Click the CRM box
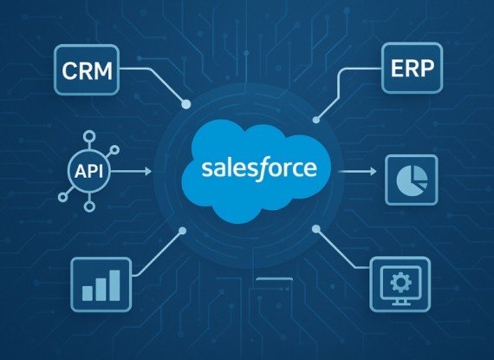[87, 70]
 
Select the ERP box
[412, 68]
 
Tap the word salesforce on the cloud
[259, 168]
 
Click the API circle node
[89, 172]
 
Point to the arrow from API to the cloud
[132, 172]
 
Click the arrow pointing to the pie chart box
[357, 172]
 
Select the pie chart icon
[412, 180]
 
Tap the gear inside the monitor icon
[400, 282]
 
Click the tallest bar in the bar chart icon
[114, 285]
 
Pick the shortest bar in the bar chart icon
[88, 293]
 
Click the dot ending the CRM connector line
[186, 104]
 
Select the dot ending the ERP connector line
[316, 120]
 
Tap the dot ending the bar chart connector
[182, 231]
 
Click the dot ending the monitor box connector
[316, 229]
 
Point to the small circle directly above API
[89, 137]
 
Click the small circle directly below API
[89, 206]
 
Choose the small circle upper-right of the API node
[114, 150]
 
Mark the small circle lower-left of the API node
[63, 197]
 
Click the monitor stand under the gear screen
[400, 302]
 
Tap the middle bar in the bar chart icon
[101, 290]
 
